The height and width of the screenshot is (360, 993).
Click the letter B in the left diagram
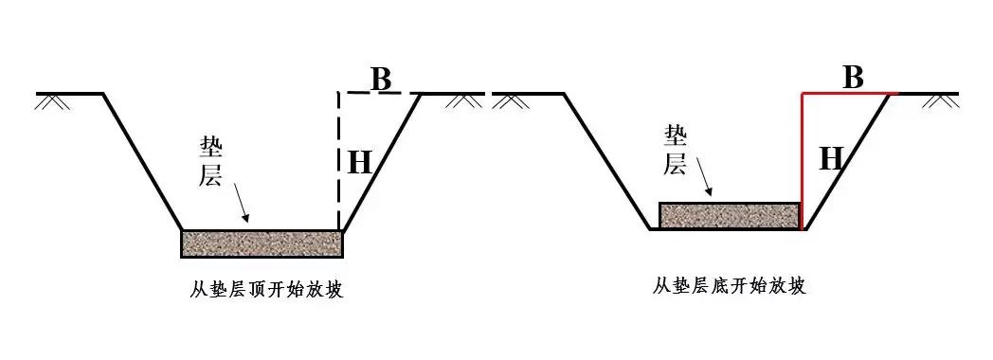tap(380, 79)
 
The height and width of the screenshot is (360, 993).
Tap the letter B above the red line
tap(853, 78)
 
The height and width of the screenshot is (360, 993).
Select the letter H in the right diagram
tap(830, 158)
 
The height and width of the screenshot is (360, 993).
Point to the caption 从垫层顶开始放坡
tap(266, 290)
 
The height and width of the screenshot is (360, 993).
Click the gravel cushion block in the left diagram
tap(262, 243)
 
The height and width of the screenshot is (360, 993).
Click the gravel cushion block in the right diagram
tap(729, 216)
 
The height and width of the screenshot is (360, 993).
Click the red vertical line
tap(803, 161)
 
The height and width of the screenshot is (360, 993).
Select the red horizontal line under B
tap(849, 93)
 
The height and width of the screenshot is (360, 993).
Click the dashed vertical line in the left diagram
tap(340, 161)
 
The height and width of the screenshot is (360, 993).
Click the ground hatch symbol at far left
tap(48, 100)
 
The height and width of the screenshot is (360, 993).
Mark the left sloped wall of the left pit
tap(142, 161)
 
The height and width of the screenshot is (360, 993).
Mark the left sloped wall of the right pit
tap(606, 161)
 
